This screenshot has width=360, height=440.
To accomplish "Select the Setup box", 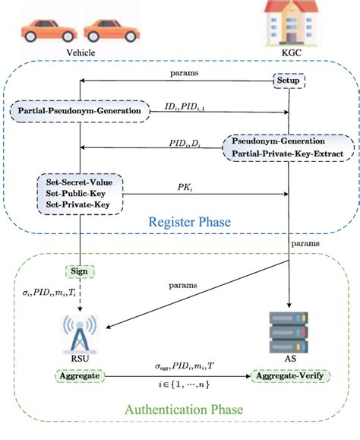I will (289, 80).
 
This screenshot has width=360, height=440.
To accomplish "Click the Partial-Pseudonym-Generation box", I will (79, 112).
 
